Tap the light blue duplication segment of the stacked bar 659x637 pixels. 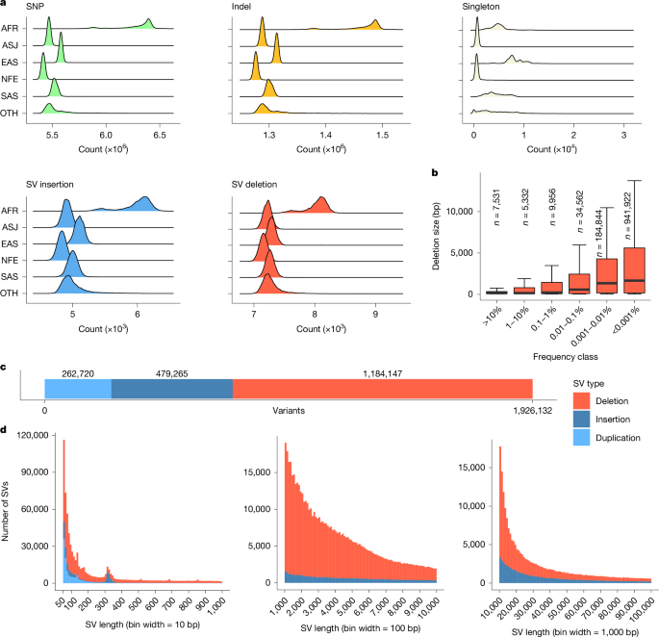78,386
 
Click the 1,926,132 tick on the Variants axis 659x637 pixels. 533,409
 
